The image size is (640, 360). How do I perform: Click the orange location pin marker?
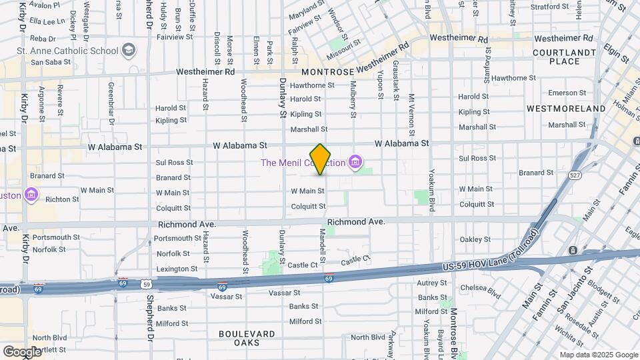pyautogui.click(x=321, y=159)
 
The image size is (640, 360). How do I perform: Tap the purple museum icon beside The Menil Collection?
pyautogui.click(x=355, y=163)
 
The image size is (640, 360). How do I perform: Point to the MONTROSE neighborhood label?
pyautogui.click(x=326, y=71)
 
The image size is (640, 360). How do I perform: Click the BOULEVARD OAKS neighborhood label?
pyautogui.click(x=246, y=338)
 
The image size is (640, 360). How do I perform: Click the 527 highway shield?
pyautogui.click(x=574, y=175)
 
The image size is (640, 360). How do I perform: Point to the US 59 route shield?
pyautogui.click(x=146, y=283)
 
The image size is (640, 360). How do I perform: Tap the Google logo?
pyautogui.click(x=22, y=351)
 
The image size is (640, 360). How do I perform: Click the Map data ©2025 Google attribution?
pyautogui.click(x=598, y=355)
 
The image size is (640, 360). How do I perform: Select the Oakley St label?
pyautogui.click(x=475, y=239)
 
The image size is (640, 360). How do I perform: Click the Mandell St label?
pyautogui.click(x=322, y=245)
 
